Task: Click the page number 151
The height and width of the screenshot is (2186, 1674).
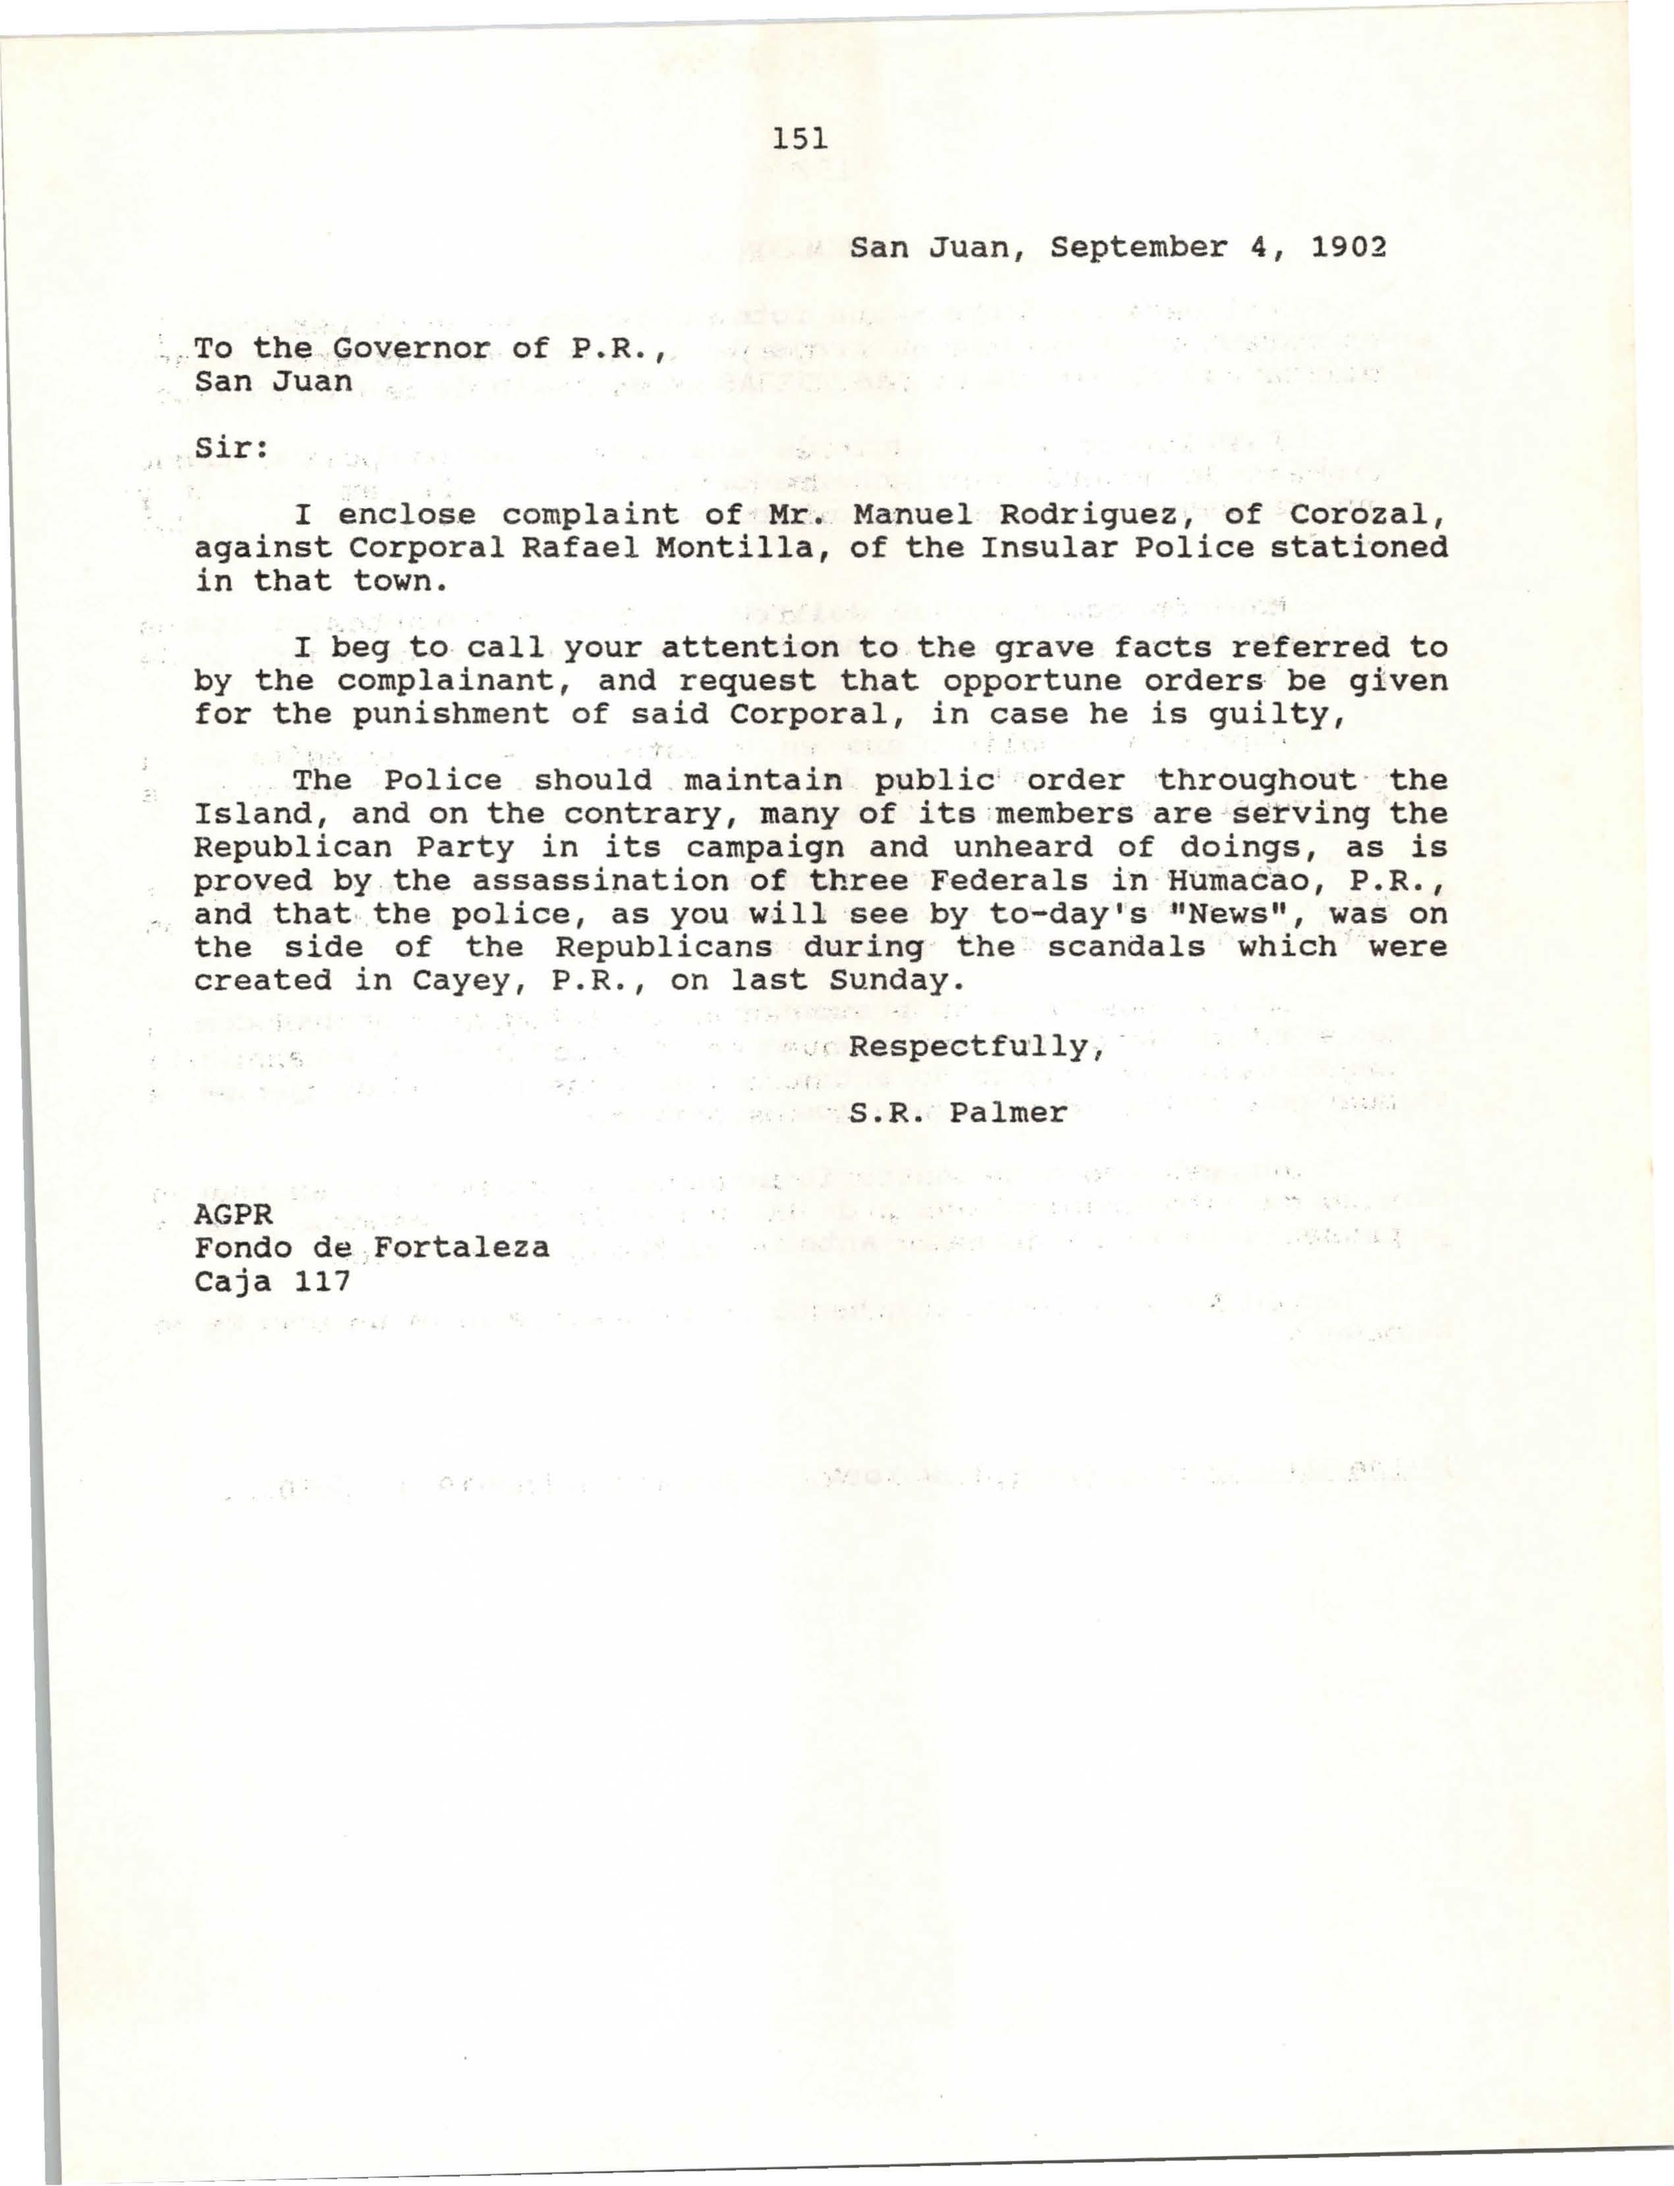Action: click(799, 138)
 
